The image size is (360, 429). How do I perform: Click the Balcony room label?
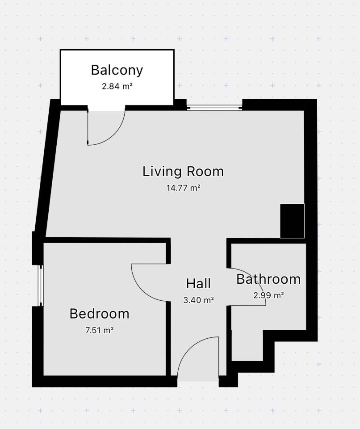click(x=117, y=70)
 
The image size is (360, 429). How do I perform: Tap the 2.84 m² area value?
click(x=117, y=86)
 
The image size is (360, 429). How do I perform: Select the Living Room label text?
click(x=183, y=172)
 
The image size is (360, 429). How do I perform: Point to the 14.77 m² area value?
click(x=183, y=188)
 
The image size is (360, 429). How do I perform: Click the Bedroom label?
click(x=99, y=314)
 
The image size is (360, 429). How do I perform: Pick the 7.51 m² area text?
click(x=99, y=330)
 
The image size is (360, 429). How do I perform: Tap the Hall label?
click(x=198, y=283)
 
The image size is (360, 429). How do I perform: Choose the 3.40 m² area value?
click(x=198, y=300)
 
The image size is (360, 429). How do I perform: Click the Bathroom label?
click(x=268, y=279)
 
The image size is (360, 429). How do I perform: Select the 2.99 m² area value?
click(x=268, y=295)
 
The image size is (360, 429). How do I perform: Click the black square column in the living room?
click(x=292, y=221)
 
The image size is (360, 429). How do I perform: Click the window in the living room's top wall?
click(x=214, y=108)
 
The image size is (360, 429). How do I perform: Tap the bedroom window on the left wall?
click(x=41, y=286)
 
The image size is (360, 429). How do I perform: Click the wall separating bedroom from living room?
click(x=107, y=240)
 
